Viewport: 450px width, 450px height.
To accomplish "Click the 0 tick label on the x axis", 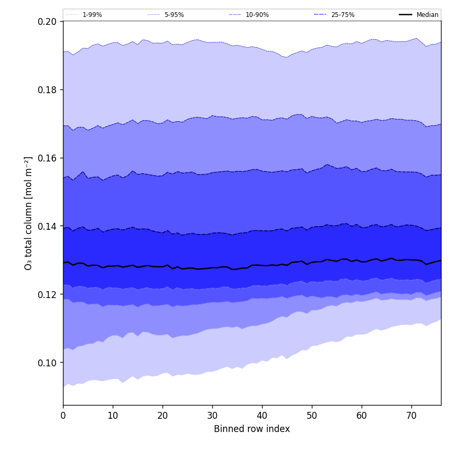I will point(63,416).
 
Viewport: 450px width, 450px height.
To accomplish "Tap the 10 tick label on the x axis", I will point(113,416).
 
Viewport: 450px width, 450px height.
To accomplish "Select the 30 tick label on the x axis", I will point(212,416).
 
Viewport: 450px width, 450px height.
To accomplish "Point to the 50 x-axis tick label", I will point(312,416).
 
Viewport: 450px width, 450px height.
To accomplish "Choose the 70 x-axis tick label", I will point(411,416).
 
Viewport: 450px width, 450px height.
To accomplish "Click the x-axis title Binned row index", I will point(252,429).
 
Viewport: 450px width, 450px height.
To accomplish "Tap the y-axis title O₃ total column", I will point(29,213).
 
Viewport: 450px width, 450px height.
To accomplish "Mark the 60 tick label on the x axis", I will point(362,416).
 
